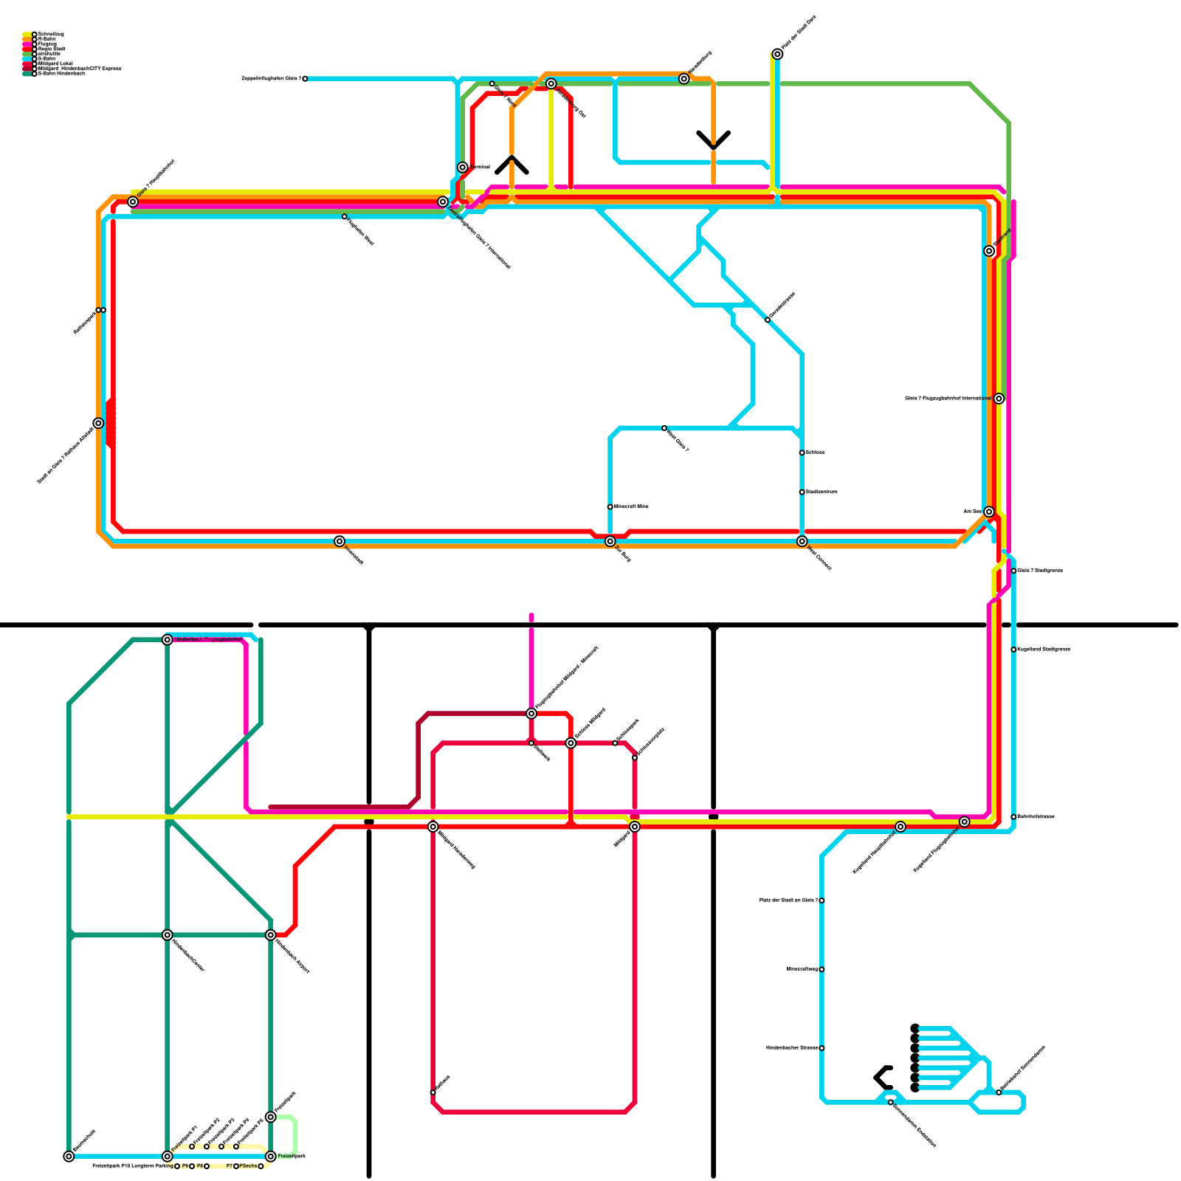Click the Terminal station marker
click(x=462, y=168)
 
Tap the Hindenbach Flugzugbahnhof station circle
click(x=168, y=639)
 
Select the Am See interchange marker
click(x=989, y=512)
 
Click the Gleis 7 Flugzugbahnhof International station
click(x=999, y=399)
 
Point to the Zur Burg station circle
click(x=610, y=541)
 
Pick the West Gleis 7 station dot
click(x=664, y=428)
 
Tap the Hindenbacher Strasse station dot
click(x=822, y=1048)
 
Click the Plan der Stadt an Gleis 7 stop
click(x=822, y=901)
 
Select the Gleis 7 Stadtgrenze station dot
click(x=1013, y=571)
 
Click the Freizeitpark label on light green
click(x=292, y=1156)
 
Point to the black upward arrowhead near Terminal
click(x=512, y=164)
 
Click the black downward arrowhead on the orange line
click(x=713, y=142)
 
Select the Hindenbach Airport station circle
click(x=271, y=935)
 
